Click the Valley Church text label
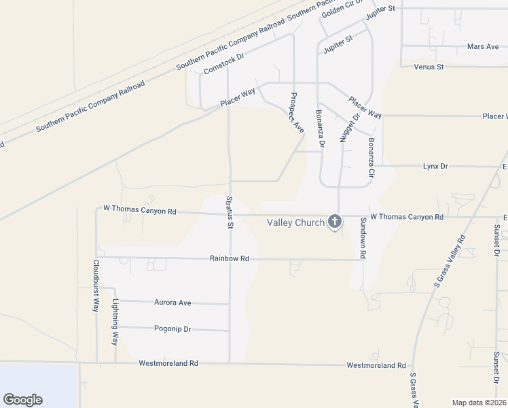point(296,222)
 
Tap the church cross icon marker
point(334,222)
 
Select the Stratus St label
point(230,211)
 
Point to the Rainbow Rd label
point(230,258)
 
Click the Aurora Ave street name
point(173,303)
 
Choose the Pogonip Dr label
point(173,329)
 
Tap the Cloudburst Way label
point(96,286)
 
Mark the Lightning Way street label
point(115,322)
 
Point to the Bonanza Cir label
point(371,158)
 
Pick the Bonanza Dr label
point(321,129)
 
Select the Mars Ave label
point(483,47)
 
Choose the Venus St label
point(429,67)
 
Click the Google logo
point(22,400)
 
